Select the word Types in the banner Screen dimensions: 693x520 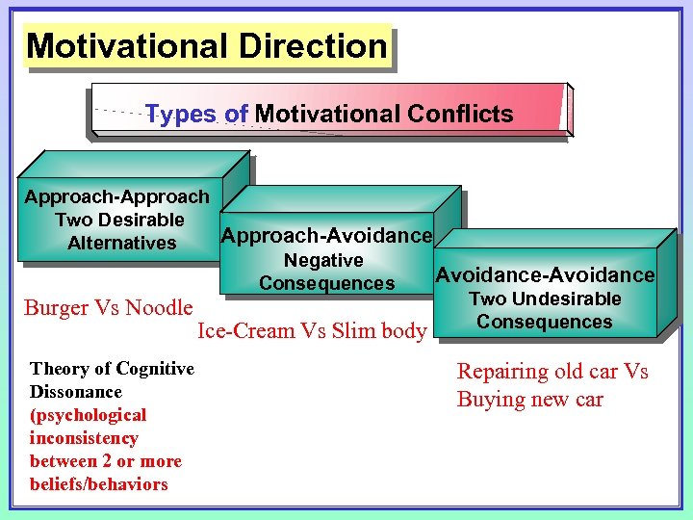point(182,115)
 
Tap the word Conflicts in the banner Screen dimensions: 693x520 point(460,115)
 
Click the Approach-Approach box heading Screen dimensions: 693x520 point(116,197)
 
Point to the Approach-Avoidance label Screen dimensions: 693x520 point(326,236)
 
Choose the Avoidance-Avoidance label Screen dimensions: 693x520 point(545,275)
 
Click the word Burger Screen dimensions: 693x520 point(56,308)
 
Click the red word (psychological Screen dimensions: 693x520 point(89,415)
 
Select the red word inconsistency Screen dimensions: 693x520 point(85,438)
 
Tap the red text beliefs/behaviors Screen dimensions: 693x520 point(99,484)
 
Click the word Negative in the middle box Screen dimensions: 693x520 point(323,261)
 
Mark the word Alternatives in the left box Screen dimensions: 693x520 point(122,244)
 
